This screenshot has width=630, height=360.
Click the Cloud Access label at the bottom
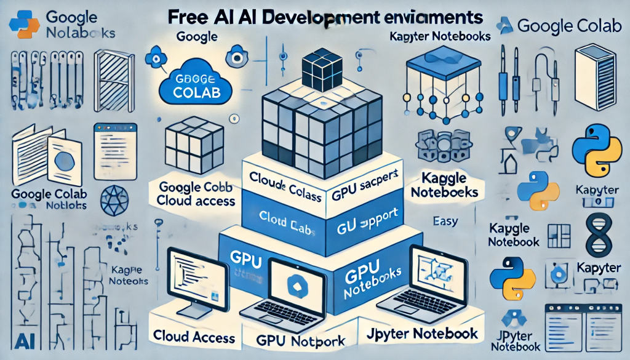pos(194,337)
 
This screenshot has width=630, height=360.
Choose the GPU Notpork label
pos(299,339)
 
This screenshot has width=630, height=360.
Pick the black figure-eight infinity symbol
pos(597,234)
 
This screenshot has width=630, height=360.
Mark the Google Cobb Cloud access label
pos(196,194)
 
